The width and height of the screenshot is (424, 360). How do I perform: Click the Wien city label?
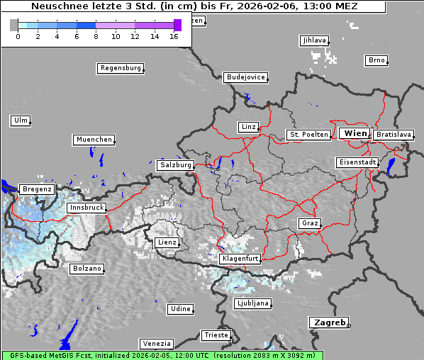pyautogui.click(x=355, y=133)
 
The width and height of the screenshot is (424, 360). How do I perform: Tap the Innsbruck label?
pyautogui.click(x=87, y=208)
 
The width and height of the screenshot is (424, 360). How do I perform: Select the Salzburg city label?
pyautogui.click(x=176, y=165)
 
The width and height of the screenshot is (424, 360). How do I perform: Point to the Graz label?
pyautogui.click(x=310, y=223)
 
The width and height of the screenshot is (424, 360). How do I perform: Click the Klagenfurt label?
pyautogui.click(x=240, y=259)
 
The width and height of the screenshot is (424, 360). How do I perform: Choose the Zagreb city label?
pyautogui.click(x=329, y=322)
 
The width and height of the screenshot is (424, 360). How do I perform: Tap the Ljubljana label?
pyautogui.click(x=252, y=303)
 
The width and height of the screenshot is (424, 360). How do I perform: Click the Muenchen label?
pyautogui.click(x=94, y=140)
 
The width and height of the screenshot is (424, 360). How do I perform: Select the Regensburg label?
pyautogui.click(x=120, y=68)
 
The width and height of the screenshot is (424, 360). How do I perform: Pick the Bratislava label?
pyautogui.click(x=394, y=134)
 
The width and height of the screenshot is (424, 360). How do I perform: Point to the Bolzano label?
pyautogui.click(x=87, y=269)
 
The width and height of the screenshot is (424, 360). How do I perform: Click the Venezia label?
pyautogui.click(x=156, y=344)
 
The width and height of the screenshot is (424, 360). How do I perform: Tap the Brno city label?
pyautogui.click(x=376, y=60)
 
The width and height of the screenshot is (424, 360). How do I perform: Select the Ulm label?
pyautogui.click(x=21, y=120)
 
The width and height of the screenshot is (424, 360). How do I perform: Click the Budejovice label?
pyautogui.click(x=245, y=77)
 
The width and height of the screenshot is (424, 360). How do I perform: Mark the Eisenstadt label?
pyautogui.click(x=357, y=162)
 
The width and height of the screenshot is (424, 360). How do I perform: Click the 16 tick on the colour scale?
pyautogui.click(x=174, y=36)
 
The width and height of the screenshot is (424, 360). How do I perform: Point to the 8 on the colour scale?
pyautogui.click(x=96, y=36)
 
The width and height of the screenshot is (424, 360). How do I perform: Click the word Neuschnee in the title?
pyautogui.click(x=59, y=6)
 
